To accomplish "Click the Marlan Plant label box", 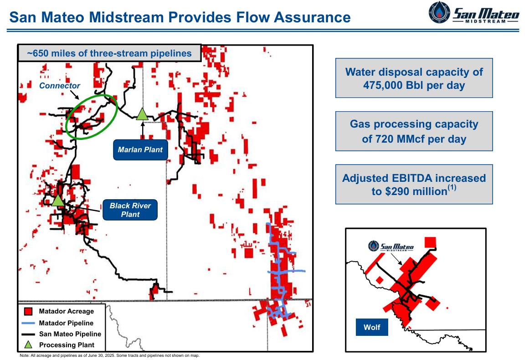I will coord(140,149).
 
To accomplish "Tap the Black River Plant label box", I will coord(130,210).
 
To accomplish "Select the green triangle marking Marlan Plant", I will coord(143,114).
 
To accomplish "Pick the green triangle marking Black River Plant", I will coord(58,200).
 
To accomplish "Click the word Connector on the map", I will coord(60,86).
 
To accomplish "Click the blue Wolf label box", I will coord(372,327).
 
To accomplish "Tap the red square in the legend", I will coord(28,312).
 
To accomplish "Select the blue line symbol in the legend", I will coord(28,323).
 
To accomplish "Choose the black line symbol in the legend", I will coord(28,334).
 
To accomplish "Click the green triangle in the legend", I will coord(28,345).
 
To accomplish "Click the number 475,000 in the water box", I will coord(384,85).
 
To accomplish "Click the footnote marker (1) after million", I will coord(452,188).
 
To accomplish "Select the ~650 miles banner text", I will coord(109,53).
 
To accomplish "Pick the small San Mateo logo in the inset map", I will coord(391,247).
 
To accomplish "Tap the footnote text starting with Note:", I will coord(109,355).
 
